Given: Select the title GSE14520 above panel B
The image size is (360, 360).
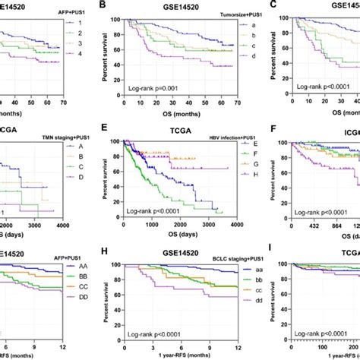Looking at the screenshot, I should click(169, 4).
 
